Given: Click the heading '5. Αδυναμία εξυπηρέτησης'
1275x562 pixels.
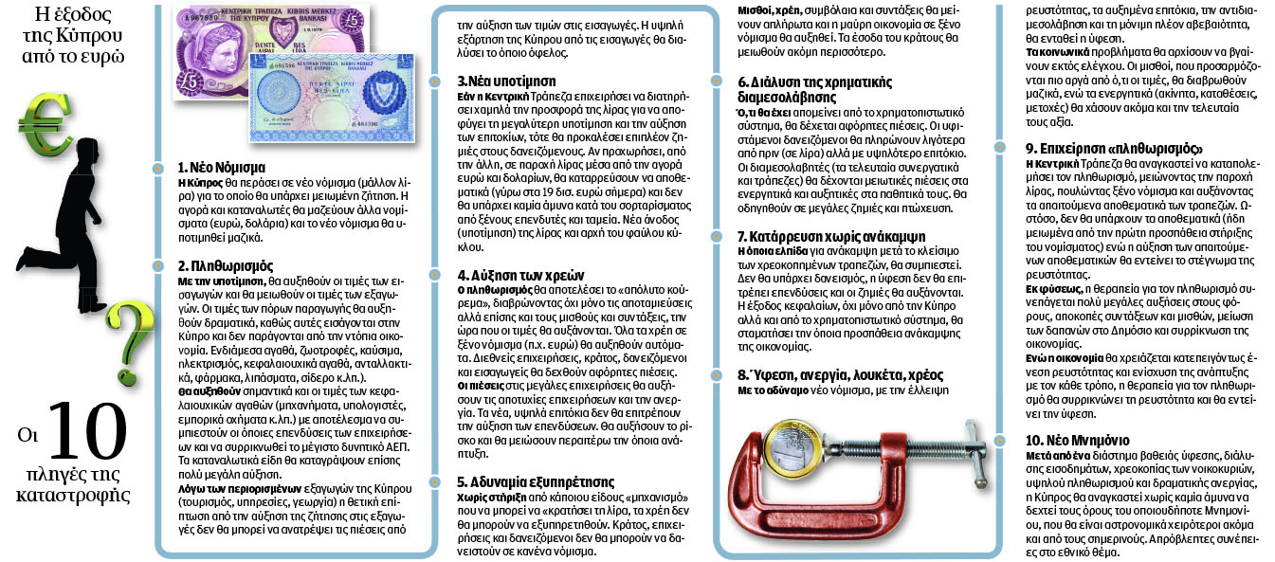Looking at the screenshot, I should point(536,481).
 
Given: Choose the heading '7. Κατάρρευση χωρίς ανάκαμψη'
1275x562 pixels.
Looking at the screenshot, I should point(831,236).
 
